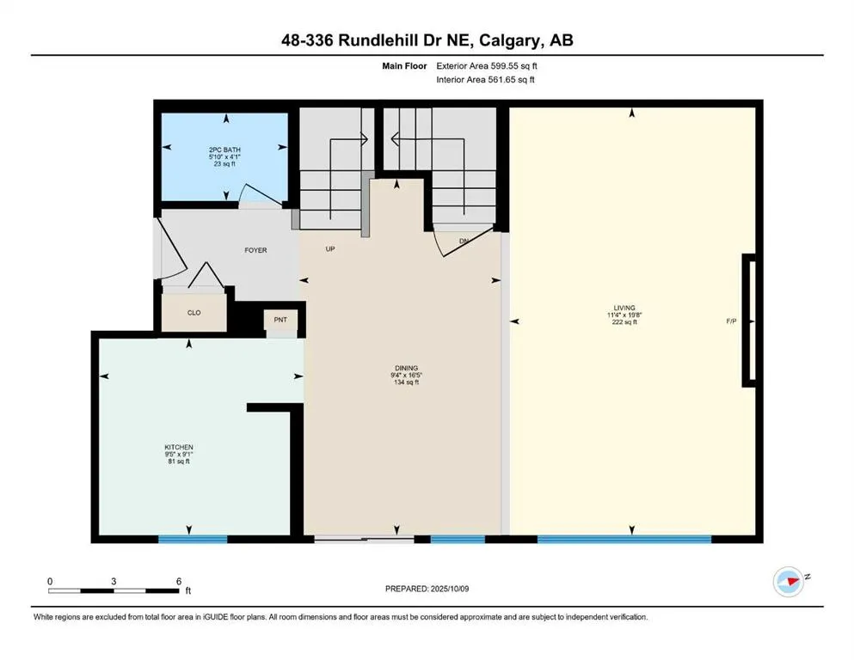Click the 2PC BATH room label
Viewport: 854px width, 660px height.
pos(224,150)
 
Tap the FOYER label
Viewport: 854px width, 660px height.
pos(255,250)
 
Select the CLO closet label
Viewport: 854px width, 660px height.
pos(194,313)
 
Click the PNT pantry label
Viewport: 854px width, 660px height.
pos(280,320)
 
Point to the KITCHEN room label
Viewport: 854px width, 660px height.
pos(179,447)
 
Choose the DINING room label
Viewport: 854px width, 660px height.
pos(406,369)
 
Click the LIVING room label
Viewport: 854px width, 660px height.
pos(624,308)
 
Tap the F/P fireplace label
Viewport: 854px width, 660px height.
pos(732,321)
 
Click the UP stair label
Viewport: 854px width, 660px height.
pos(330,248)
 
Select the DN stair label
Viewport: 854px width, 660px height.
pos(464,241)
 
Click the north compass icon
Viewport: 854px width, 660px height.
pos(789,582)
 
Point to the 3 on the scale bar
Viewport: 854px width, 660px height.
pos(114,581)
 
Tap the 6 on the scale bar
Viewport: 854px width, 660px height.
pos(179,581)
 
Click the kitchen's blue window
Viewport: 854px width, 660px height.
pos(193,539)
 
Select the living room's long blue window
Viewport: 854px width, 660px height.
pos(624,539)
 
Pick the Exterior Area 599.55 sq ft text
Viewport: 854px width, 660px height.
pos(487,66)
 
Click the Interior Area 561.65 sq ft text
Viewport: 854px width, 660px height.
pos(485,79)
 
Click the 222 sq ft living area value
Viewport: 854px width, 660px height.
pos(624,322)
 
